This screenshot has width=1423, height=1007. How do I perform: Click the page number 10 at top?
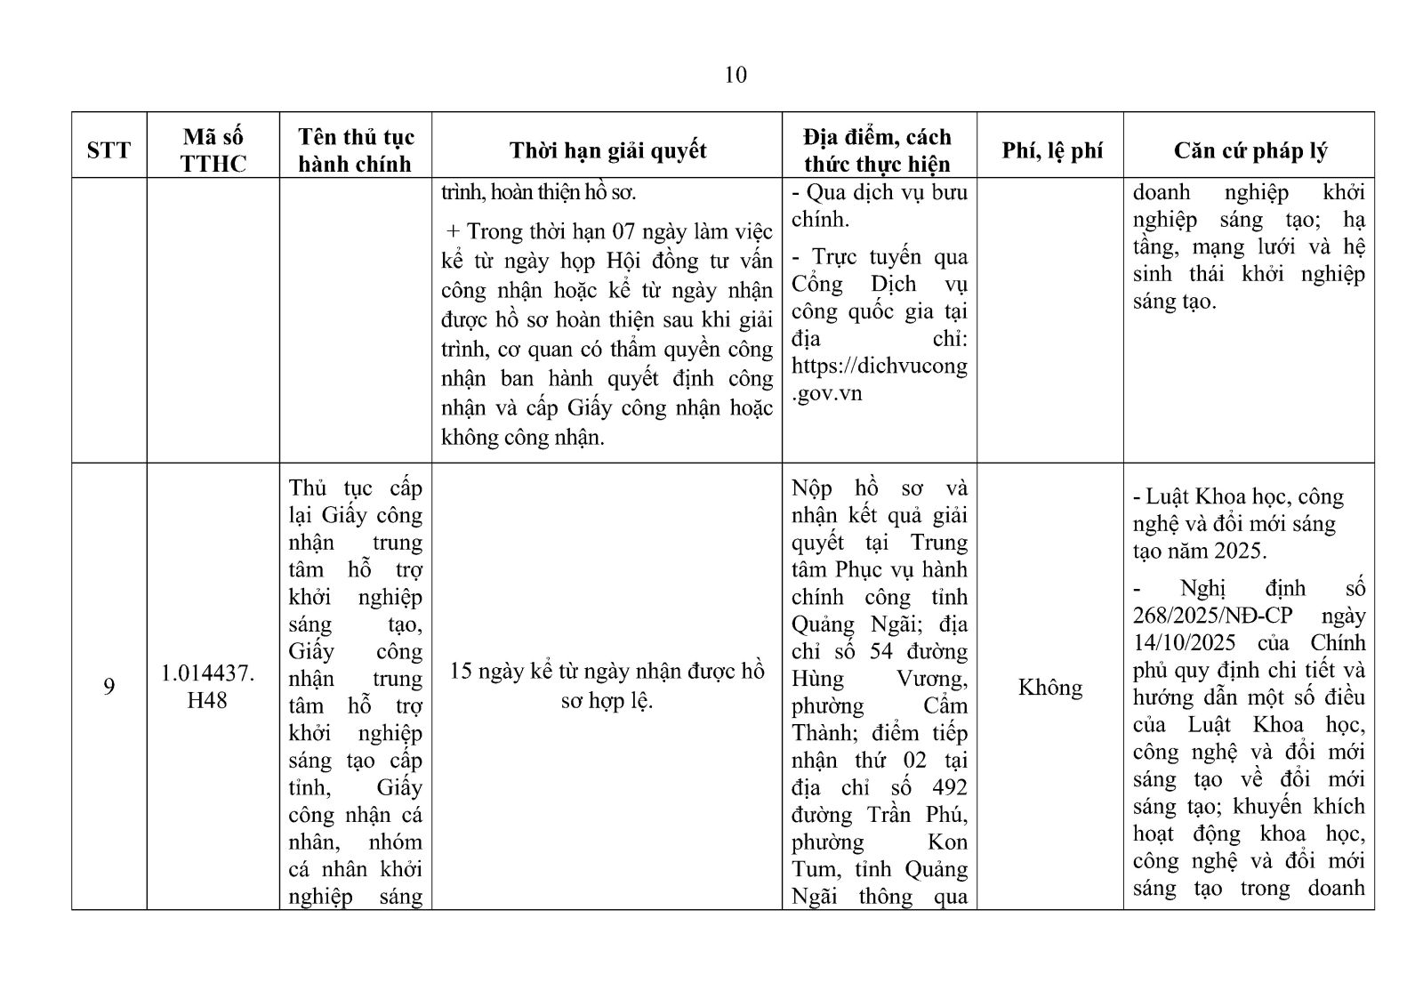click(736, 75)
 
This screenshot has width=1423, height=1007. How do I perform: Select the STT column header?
click(109, 149)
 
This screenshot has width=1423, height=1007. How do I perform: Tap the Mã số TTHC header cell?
click(213, 149)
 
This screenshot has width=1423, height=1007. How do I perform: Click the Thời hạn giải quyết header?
click(607, 149)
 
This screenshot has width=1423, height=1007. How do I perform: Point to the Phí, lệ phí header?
click(1051, 150)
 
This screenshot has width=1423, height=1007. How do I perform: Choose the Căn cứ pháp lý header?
click(1250, 150)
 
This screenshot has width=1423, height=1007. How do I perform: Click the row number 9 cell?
click(109, 687)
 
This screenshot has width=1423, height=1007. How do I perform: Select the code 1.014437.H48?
click(207, 687)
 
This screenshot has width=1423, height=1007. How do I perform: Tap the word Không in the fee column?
click(1050, 688)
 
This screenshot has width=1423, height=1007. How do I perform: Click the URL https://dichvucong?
click(879, 366)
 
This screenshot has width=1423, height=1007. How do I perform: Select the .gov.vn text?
click(827, 393)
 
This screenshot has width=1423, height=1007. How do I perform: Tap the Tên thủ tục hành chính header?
click(355, 149)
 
